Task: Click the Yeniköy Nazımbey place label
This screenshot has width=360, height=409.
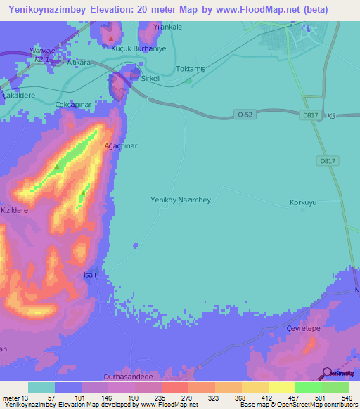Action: point(181,200)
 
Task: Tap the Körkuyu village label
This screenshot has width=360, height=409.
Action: point(303,202)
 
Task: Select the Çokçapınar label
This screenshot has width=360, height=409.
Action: point(75,103)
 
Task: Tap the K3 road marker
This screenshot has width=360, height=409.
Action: point(331,116)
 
